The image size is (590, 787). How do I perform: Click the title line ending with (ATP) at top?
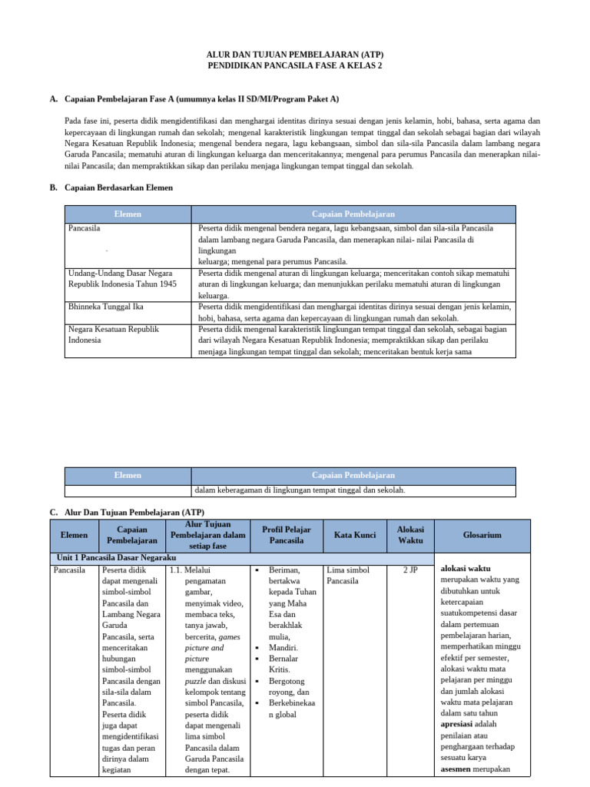pyautogui.click(x=295, y=55)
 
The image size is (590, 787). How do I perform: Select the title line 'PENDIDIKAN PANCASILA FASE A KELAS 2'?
pyautogui.click(x=295, y=66)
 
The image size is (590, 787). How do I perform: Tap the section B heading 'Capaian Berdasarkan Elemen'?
pyautogui.click(x=118, y=188)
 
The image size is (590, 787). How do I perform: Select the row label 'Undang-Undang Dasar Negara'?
pyautogui.click(x=120, y=273)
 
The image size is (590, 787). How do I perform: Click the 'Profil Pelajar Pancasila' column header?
pyautogui.click(x=286, y=535)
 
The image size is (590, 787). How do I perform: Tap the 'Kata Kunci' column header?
pyautogui.click(x=354, y=535)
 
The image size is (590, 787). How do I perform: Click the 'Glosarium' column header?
pyautogui.click(x=482, y=535)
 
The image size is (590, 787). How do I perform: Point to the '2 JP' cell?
pyautogui.click(x=409, y=570)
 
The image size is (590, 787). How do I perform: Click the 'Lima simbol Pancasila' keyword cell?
pyautogui.click(x=347, y=576)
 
